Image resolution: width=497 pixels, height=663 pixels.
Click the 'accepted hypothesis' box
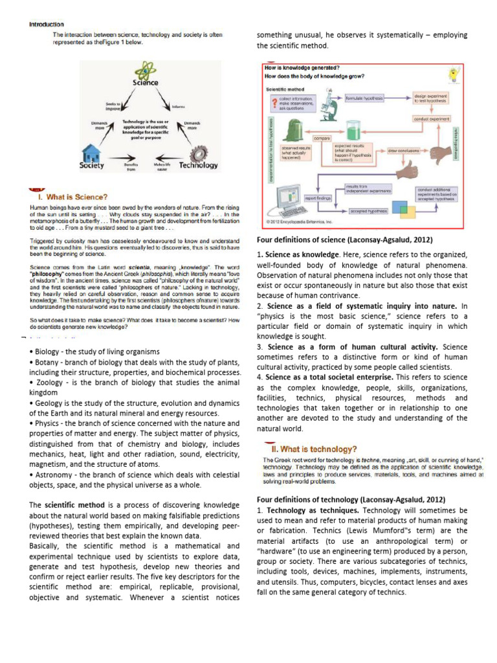369,210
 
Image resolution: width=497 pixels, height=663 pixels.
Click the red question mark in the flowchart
275,101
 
